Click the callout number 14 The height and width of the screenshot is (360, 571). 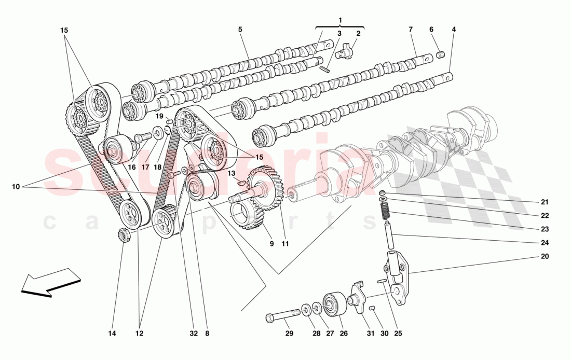[112, 333]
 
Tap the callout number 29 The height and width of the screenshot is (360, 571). [289, 333]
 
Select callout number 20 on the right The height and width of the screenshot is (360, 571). [545, 256]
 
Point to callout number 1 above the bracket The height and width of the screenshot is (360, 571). [341, 20]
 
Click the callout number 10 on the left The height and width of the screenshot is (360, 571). [16, 187]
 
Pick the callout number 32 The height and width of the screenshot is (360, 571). [194, 333]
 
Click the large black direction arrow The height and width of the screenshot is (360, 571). [50, 283]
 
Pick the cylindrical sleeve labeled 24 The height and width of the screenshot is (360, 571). [389, 236]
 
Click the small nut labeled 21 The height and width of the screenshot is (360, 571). [383, 192]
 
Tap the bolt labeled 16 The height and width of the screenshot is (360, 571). [142, 138]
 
